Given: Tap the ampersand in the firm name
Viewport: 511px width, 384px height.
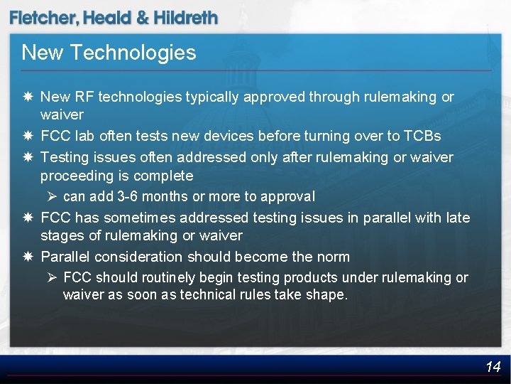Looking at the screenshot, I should pos(142,18).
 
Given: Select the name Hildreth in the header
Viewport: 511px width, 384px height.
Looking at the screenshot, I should pos(185,18).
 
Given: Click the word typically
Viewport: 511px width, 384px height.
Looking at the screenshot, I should pos(214,97).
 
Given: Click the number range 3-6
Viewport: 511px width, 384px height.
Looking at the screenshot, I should pos(126,196).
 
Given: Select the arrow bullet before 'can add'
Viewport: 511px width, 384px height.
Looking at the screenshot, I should pos(53,196).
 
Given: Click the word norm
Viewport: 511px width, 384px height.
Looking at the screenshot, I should pos(334,257).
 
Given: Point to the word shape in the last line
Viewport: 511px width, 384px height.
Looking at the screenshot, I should pos(326,295).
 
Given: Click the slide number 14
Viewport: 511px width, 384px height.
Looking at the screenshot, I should pos(493,367).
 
